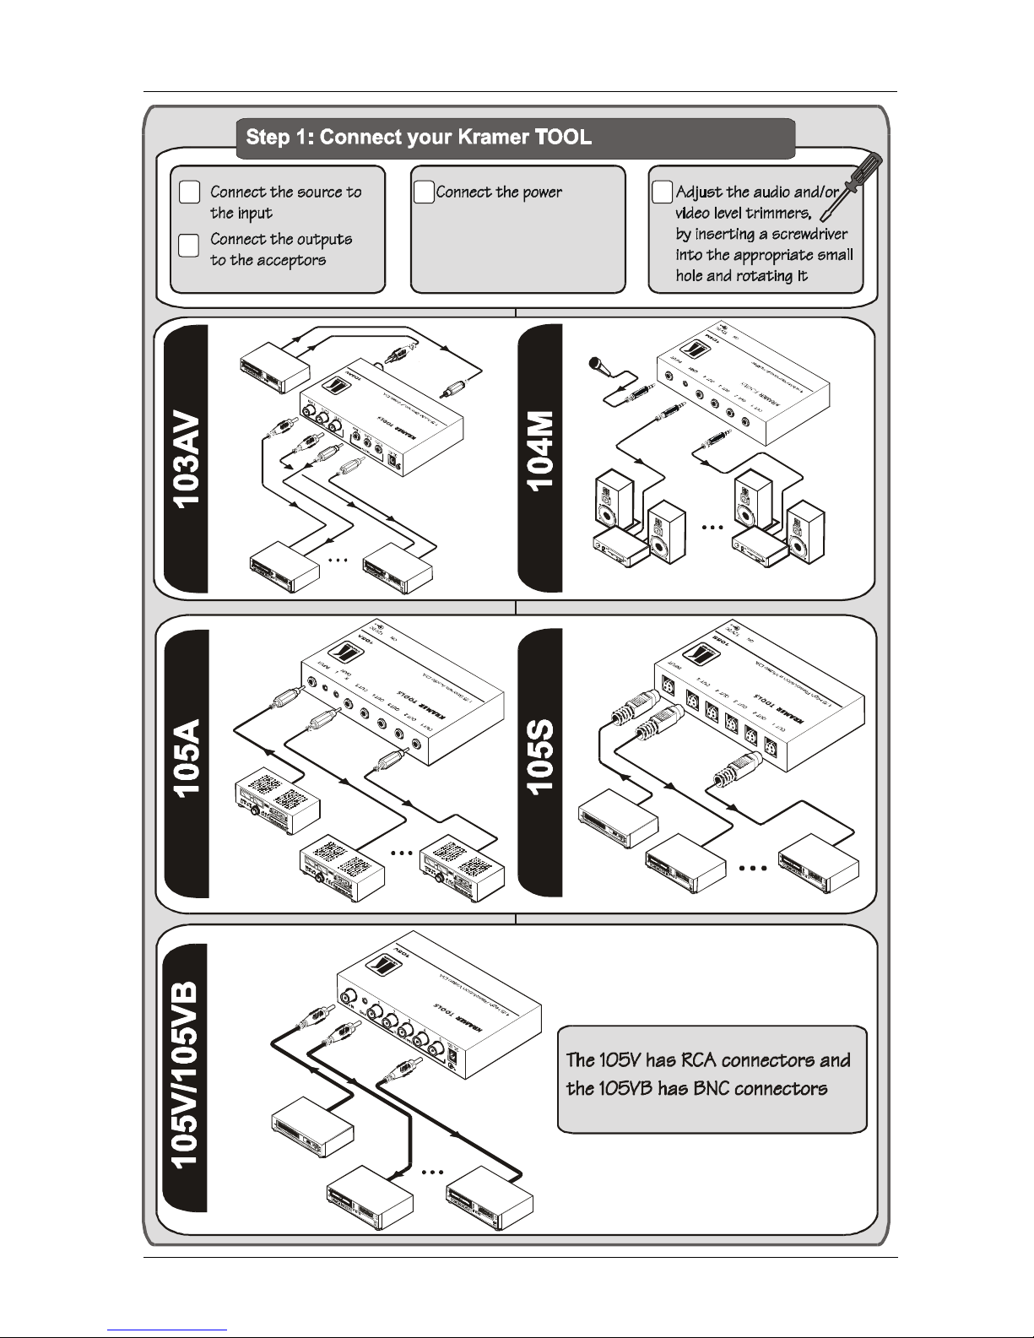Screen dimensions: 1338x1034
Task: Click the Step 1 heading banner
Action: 515,138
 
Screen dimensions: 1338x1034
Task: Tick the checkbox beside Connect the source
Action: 190,192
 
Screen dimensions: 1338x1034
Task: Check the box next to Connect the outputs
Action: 190,245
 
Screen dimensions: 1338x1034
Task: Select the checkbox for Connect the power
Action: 423,192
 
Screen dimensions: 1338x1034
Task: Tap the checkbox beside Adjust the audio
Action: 663,192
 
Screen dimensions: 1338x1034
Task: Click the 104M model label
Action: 540,452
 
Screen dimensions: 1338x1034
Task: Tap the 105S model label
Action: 540,758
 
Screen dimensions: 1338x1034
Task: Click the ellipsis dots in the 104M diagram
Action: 712,528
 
